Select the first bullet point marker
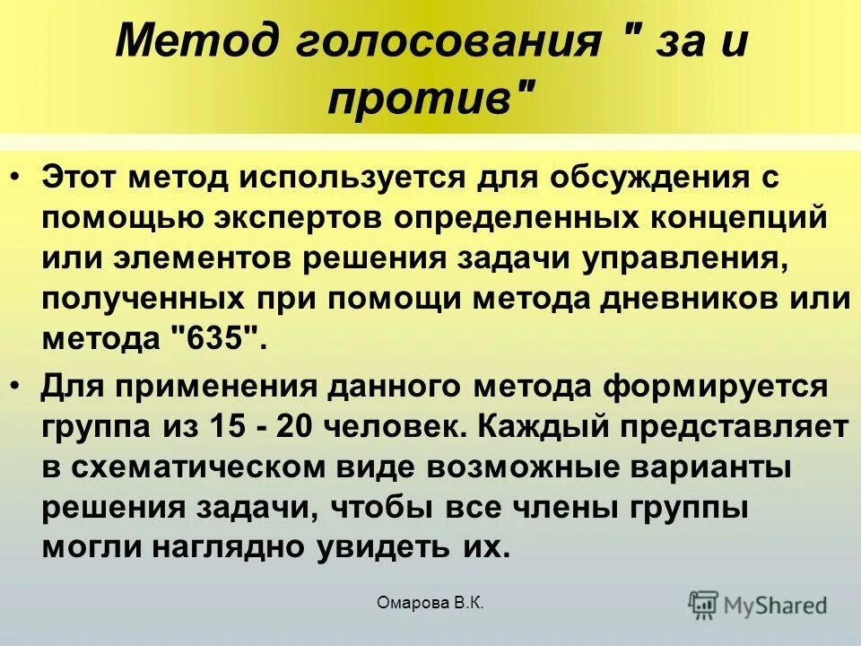point(20,176)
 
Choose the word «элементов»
point(208,259)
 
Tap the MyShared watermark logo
point(758,604)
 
